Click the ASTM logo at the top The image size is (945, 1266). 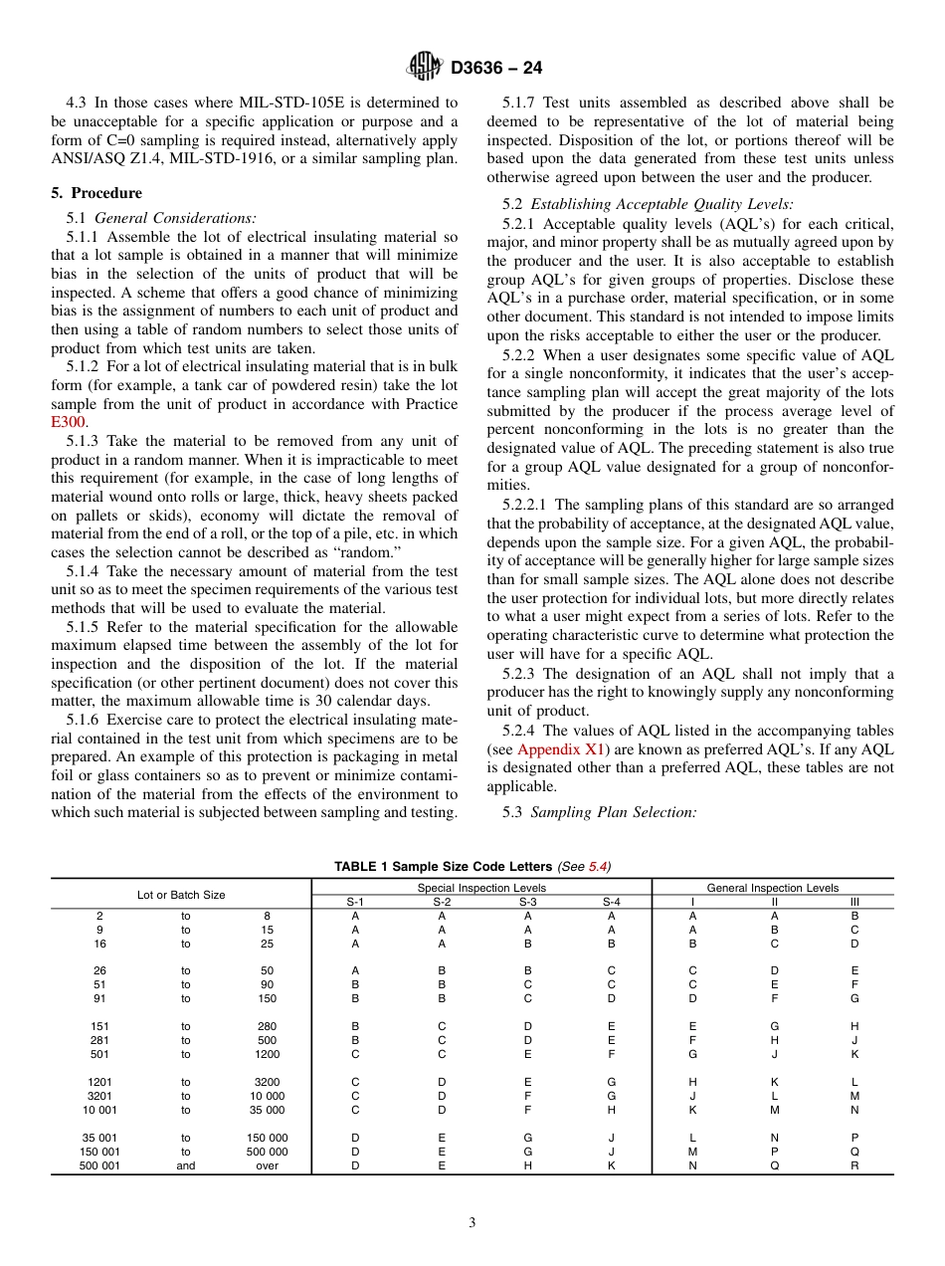pyautogui.click(x=425, y=68)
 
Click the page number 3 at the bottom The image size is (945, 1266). pyautogui.click(x=472, y=1222)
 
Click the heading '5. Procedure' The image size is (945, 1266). pyautogui.click(x=96, y=193)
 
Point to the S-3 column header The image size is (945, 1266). pyautogui.click(x=527, y=902)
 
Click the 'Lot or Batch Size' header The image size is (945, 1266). pyautogui.click(x=181, y=895)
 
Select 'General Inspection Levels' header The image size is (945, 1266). pyautogui.click(x=772, y=888)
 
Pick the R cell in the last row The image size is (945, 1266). pyautogui.click(x=854, y=1165)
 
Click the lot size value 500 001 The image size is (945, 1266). pyautogui.click(x=99, y=1165)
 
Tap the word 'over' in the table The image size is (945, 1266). pyautogui.click(x=268, y=1165)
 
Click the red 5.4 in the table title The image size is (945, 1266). pyautogui.click(x=597, y=867)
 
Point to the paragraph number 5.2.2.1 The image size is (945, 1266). pyautogui.click(x=527, y=505)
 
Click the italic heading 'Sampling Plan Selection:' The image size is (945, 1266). pyautogui.click(x=614, y=812)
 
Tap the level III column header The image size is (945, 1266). pyautogui.click(x=854, y=902)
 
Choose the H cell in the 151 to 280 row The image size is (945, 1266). pyautogui.click(x=854, y=1026)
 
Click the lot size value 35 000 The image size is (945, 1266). pyautogui.click(x=268, y=1110)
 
